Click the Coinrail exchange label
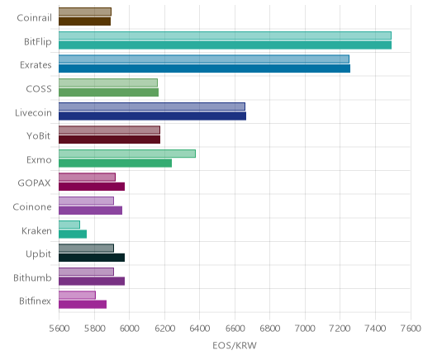pos(34,18)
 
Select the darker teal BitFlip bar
pos(225,45)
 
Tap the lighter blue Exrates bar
pos(204,59)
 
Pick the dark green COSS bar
pos(108,92)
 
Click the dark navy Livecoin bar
pos(152,116)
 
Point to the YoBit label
pos(39,136)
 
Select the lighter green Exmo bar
pos(127,154)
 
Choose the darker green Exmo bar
pos(115,163)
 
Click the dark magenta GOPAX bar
pos(92,187)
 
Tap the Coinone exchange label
pos(32,207)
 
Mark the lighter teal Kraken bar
pos(69,225)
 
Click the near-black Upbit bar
pos(92,258)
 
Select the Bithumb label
pos(32,278)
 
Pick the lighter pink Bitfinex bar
pos(77,295)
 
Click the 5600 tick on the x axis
pos(59,329)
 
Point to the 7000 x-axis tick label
pos(305,329)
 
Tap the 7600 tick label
pos(411,329)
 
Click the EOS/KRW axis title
pos(235,345)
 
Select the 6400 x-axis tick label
pos(200,329)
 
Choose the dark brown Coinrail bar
pos(84,21)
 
